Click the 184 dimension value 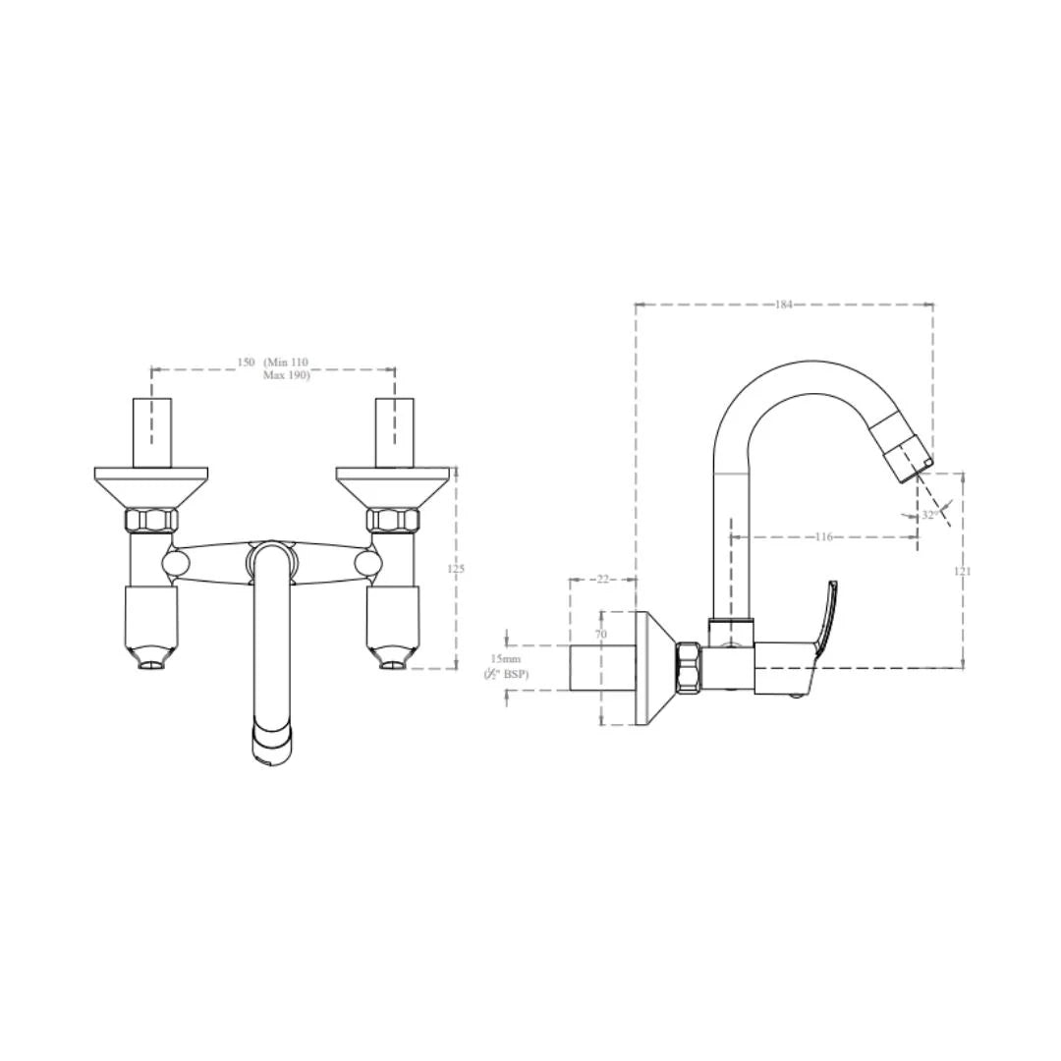783,305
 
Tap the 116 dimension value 823,536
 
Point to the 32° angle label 929,514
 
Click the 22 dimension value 603,580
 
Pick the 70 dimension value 601,635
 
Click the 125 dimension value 457,569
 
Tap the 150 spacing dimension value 246,363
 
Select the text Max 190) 286,375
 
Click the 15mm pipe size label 506,658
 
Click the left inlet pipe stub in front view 151,432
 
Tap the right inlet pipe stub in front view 393,432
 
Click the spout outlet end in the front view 273,744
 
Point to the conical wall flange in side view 652,668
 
